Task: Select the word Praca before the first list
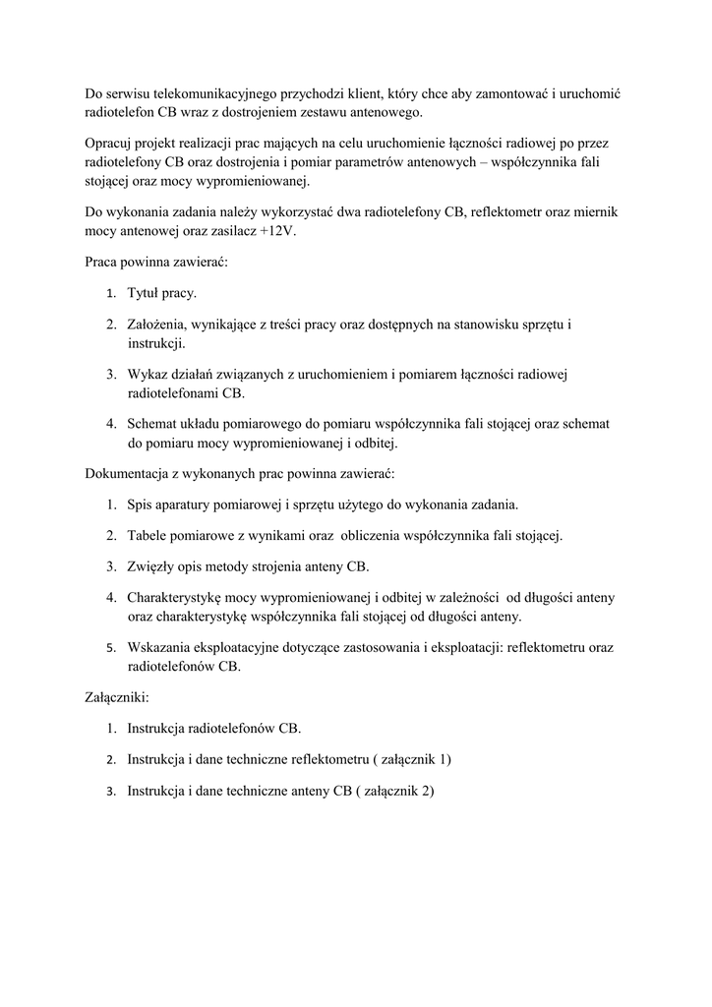tap(103, 262)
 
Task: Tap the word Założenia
tap(159, 325)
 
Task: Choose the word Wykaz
tap(148, 375)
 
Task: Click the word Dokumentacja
tap(128, 474)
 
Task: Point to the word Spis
tap(142, 505)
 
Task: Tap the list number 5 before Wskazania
tap(111, 648)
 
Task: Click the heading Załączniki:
tap(117, 697)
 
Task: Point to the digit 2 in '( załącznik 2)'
tap(426, 792)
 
